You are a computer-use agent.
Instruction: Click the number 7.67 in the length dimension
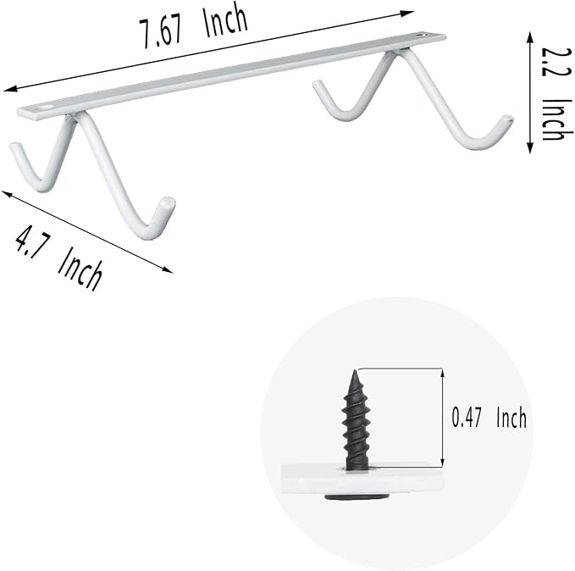coord(160,33)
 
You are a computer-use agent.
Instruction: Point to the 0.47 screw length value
coord(466,418)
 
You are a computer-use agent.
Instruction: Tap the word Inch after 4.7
coord(80,270)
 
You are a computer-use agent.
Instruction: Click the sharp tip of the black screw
coord(355,370)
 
